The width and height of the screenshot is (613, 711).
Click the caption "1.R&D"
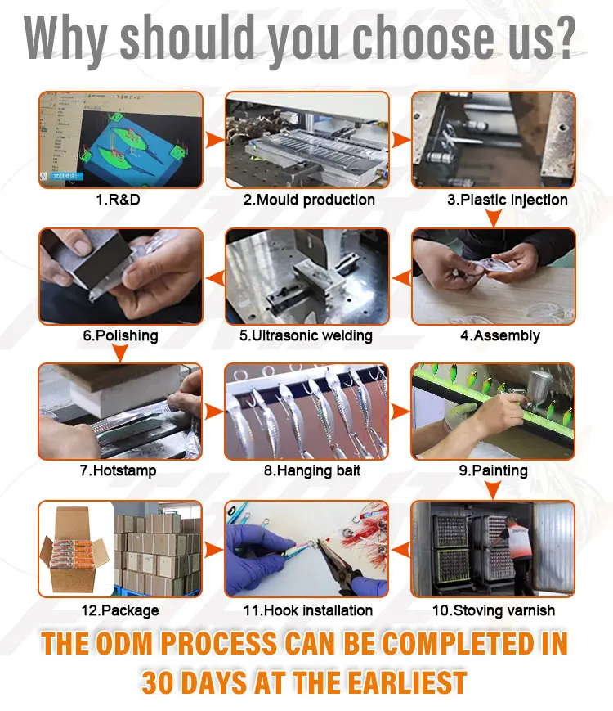pyautogui.click(x=118, y=200)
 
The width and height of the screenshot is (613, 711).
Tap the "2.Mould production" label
pyautogui.click(x=309, y=200)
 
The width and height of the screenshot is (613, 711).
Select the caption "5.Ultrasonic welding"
pyautogui.click(x=306, y=335)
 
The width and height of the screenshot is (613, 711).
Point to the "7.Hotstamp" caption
pyautogui.click(x=119, y=470)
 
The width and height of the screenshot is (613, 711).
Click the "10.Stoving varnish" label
pyautogui.click(x=494, y=610)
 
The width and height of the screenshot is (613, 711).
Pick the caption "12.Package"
pyautogui.click(x=120, y=610)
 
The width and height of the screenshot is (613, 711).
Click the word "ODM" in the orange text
pyautogui.click(x=124, y=643)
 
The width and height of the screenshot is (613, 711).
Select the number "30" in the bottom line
pyautogui.click(x=158, y=682)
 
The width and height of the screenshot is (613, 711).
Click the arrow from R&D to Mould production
pyautogui.click(x=214, y=140)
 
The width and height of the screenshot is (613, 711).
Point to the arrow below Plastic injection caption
pyautogui.click(x=494, y=218)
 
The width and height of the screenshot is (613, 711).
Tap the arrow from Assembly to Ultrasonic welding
pyautogui.click(x=401, y=277)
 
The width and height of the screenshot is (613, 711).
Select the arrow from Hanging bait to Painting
pyautogui.click(x=400, y=412)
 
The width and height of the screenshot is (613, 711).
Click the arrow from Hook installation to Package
pyautogui.click(x=213, y=550)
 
